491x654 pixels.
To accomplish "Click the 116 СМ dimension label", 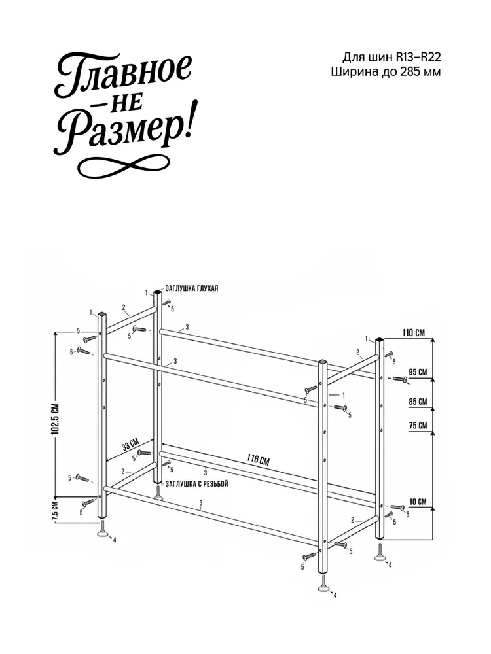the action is coord(258,460).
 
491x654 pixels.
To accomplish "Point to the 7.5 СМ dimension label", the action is coord(55,511).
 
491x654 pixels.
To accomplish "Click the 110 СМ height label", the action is coord(413,333).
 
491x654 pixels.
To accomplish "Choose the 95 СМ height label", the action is coord(418,371).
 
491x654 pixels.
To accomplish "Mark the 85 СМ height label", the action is coord(418,402).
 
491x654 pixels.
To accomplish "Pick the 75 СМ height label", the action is coord(418,426).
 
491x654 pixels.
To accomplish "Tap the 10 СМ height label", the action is coord(418,502).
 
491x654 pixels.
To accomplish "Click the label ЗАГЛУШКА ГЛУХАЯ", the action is coord(192,288).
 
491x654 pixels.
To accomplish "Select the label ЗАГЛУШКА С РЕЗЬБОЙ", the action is coord(196,484).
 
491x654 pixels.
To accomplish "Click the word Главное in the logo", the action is coord(124,75).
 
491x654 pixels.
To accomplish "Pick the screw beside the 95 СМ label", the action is coord(400,379).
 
